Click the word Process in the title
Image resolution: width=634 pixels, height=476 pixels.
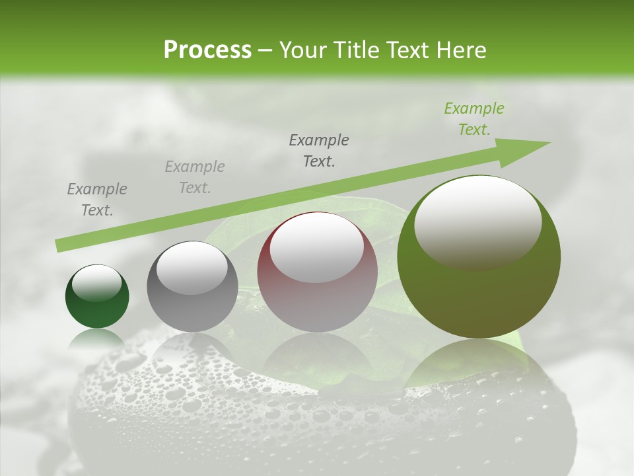(x=207, y=50)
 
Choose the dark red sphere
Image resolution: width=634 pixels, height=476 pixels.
(x=317, y=297)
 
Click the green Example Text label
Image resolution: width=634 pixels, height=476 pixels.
(x=474, y=119)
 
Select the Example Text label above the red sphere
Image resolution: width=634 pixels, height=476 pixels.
(x=319, y=151)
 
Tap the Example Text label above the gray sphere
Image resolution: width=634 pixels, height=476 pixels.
(x=195, y=177)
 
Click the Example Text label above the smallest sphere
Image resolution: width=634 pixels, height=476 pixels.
(x=97, y=200)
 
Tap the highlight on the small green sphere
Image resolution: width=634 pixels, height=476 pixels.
(x=97, y=282)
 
